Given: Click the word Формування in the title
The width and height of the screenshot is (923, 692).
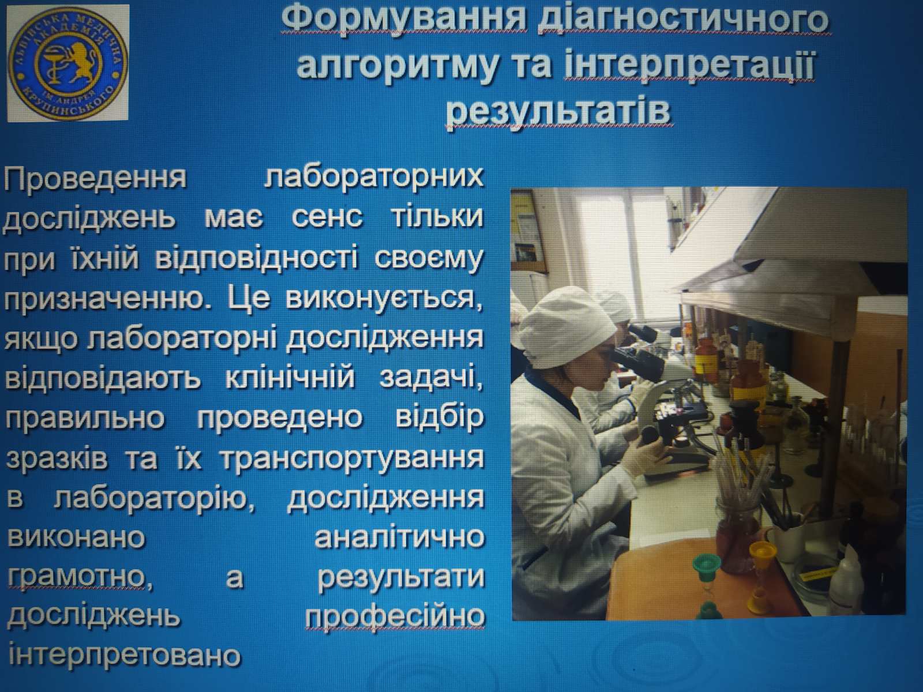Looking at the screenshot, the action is [403, 21].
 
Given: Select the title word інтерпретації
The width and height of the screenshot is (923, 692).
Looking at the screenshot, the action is [689, 66].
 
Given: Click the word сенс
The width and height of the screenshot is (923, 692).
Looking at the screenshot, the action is [327, 217].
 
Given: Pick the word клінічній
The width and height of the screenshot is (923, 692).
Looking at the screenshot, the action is [290, 378].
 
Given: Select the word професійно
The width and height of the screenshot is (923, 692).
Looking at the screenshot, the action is [395, 617].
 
